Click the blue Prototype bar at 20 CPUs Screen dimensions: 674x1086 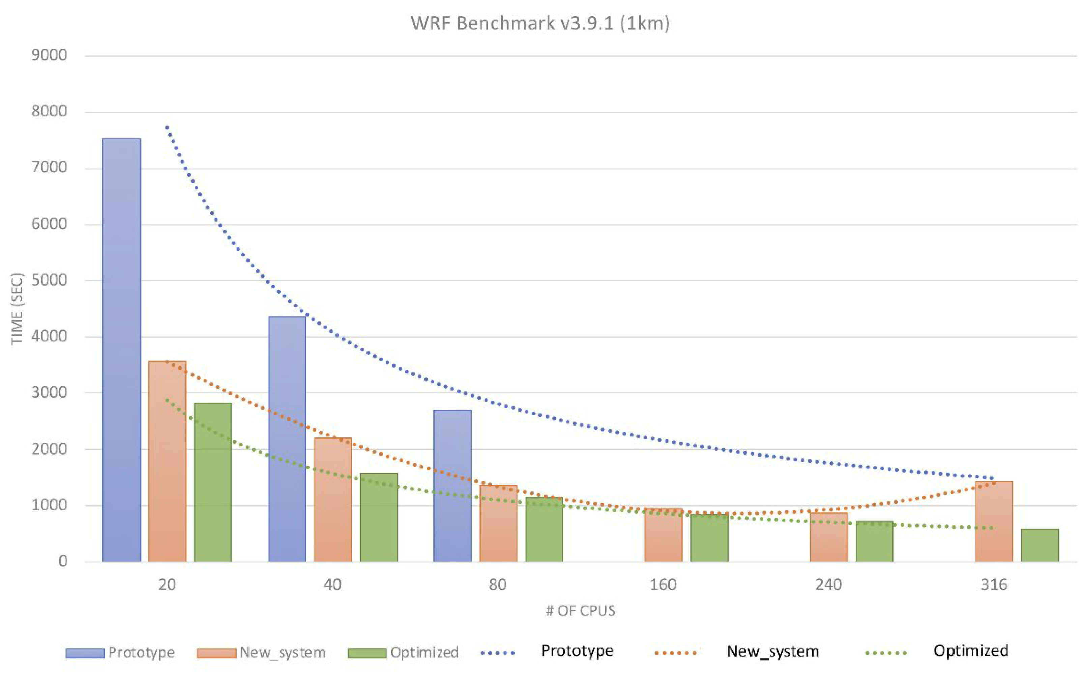tap(121, 350)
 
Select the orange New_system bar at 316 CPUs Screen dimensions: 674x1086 tap(994, 522)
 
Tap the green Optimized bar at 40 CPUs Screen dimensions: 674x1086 tap(378, 517)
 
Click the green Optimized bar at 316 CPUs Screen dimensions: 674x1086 tap(1040, 545)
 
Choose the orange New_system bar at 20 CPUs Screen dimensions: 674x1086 tap(167, 461)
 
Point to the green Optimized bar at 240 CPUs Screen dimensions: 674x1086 tap(874, 541)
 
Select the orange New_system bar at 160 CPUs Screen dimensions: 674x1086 tap(663, 535)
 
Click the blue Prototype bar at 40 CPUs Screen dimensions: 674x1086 tap(287, 439)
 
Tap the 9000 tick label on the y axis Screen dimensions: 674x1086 tap(49, 55)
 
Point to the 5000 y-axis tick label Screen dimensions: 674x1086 tap(49, 280)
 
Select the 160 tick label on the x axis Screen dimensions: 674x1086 tap(663, 584)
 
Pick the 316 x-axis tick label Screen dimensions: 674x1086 tap(994, 584)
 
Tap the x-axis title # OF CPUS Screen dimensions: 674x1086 tap(580, 610)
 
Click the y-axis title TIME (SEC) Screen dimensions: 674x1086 tap(17, 309)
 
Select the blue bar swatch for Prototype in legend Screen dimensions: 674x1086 tap(85, 653)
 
